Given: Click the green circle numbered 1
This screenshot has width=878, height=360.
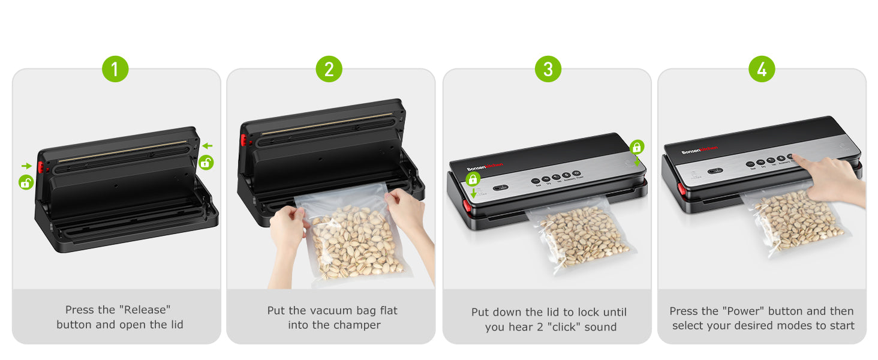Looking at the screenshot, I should tap(115, 69).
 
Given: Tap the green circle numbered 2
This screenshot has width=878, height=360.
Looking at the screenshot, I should tap(329, 69).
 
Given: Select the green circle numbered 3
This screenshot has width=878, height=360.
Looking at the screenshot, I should tap(548, 69).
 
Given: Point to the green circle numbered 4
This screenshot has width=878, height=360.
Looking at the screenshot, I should tap(762, 69).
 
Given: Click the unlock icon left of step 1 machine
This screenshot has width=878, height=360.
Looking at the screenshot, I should tap(26, 182).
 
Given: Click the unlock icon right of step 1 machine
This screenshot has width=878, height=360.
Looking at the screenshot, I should tap(206, 162).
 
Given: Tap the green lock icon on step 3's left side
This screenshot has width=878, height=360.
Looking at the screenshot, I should tap(473, 179).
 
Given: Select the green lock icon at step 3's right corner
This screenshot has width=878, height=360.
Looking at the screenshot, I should tap(636, 146).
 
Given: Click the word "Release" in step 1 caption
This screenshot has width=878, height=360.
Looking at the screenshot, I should tap(145, 310).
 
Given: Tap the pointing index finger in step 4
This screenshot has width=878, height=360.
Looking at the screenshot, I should tap(801, 160).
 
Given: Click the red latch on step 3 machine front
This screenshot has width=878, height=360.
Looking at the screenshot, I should tap(467, 206).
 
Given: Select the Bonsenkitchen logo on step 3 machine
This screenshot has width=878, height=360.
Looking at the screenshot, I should tap(485, 167).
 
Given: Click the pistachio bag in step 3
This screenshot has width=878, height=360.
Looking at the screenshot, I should tap(579, 237).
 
